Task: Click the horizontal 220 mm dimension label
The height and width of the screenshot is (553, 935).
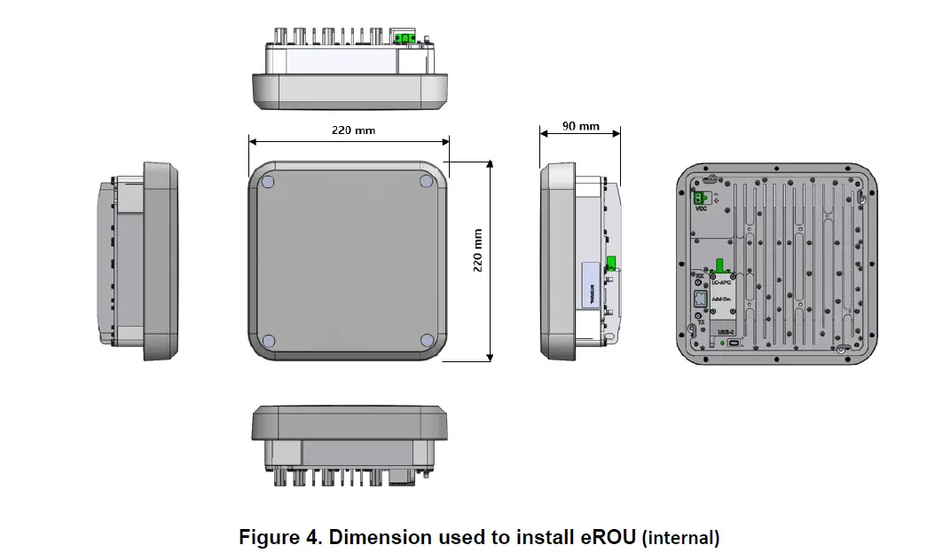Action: pos(353,130)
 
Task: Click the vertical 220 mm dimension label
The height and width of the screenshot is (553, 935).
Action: pos(477,250)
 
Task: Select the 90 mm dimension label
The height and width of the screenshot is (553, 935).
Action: pos(581,126)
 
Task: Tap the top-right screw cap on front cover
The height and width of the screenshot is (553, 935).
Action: pos(427,180)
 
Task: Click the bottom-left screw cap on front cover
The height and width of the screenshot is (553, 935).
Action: pos(269,341)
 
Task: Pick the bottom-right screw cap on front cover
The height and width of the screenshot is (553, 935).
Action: pos(427,341)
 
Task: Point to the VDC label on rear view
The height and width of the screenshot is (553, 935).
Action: pos(701,211)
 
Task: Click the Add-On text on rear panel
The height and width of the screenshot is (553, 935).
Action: pos(721,300)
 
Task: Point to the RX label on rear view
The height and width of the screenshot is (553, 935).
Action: pos(699,276)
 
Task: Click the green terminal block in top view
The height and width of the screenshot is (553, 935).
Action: pos(406,37)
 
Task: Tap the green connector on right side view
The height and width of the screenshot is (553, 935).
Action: pos(611,263)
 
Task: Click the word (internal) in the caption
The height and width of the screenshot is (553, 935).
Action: pos(680,538)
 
